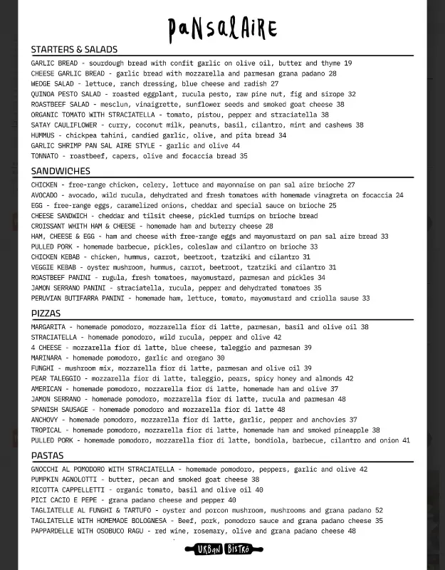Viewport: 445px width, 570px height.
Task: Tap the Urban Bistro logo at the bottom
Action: click(x=222, y=549)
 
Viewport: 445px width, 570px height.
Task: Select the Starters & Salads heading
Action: click(x=74, y=50)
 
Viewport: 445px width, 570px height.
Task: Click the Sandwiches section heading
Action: click(x=61, y=171)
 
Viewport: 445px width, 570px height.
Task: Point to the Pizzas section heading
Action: click(x=46, y=313)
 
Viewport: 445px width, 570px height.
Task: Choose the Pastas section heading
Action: click(x=47, y=456)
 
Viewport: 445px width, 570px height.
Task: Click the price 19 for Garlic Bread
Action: click(x=347, y=63)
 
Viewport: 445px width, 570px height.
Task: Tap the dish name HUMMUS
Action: click(x=43, y=135)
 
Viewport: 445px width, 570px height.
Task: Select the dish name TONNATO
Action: click(x=45, y=156)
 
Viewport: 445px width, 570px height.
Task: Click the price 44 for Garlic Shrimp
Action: click(x=236, y=145)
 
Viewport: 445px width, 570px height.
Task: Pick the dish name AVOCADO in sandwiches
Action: click(x=44, y=195)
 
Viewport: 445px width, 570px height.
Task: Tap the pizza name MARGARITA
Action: click(x=48, y=327)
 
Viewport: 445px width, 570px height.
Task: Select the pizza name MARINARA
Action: click(x=47, y=358)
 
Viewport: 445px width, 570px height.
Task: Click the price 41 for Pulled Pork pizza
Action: click(x=406, y=440)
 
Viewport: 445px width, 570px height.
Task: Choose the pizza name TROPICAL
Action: click(x=46, y=430)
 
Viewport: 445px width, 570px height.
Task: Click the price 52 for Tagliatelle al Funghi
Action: click(x=379, y=511)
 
